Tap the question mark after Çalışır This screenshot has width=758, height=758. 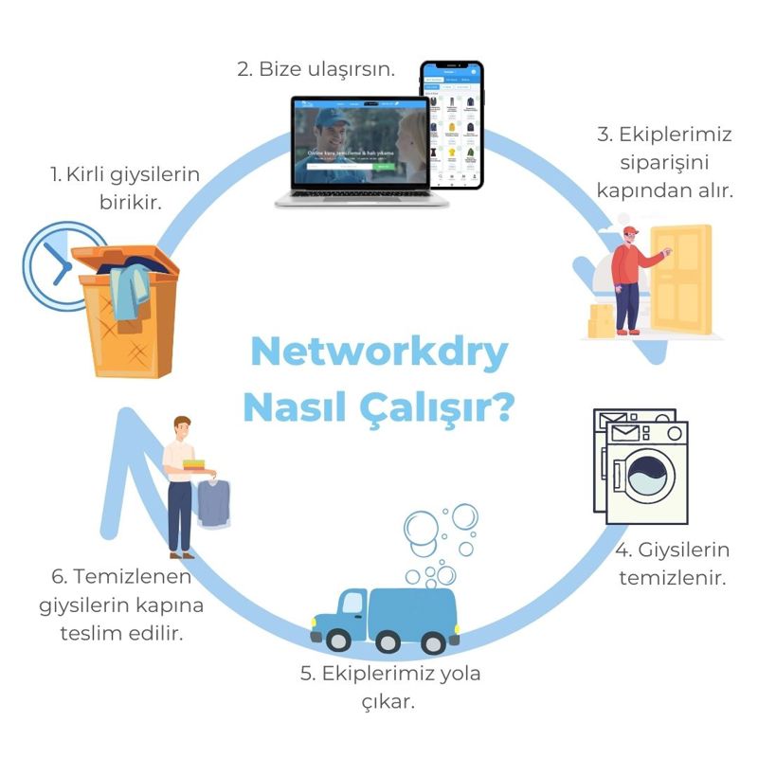click(503, 406)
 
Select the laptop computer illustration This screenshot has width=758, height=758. click(361, 152)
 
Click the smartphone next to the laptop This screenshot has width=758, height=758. click(452, 124)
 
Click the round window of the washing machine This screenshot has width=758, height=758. click(648, 474)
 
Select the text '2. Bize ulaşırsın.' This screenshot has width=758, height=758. click(315, 69)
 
